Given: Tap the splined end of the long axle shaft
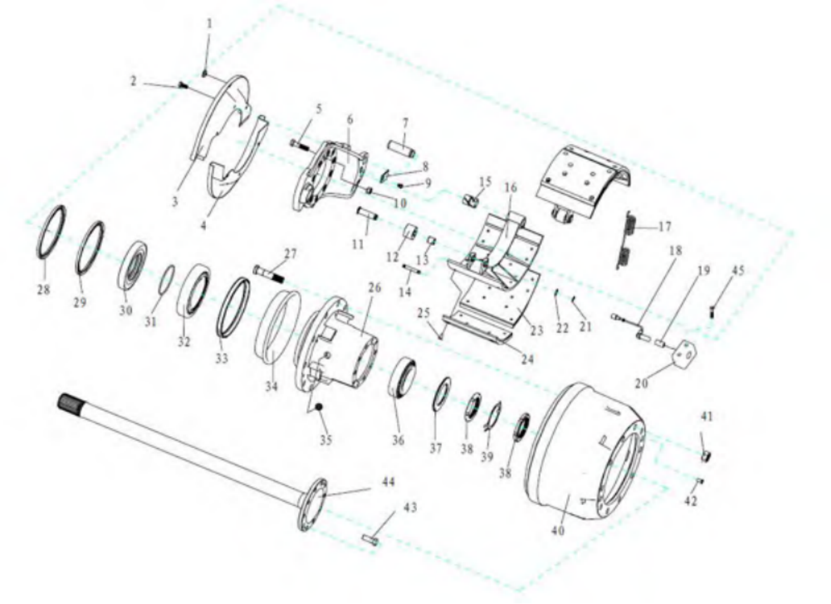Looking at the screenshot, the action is (x=71, y=403).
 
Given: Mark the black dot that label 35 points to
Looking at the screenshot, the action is (x=319, y=408).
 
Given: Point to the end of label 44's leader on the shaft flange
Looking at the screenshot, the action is (x=322, y=496).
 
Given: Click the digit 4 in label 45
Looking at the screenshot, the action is (x=734, y=271).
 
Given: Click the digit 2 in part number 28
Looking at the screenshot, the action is (x=40, y=290).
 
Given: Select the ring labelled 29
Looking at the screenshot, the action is (x=90, y=248).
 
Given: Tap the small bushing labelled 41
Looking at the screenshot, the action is (x=706, y=456).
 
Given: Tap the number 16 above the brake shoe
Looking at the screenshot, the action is (x=511, y=188).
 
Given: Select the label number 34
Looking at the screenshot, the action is (x=271, y=387).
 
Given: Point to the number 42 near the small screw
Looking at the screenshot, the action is (x=690, y=501).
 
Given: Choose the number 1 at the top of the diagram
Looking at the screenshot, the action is (x=210, y=23).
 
